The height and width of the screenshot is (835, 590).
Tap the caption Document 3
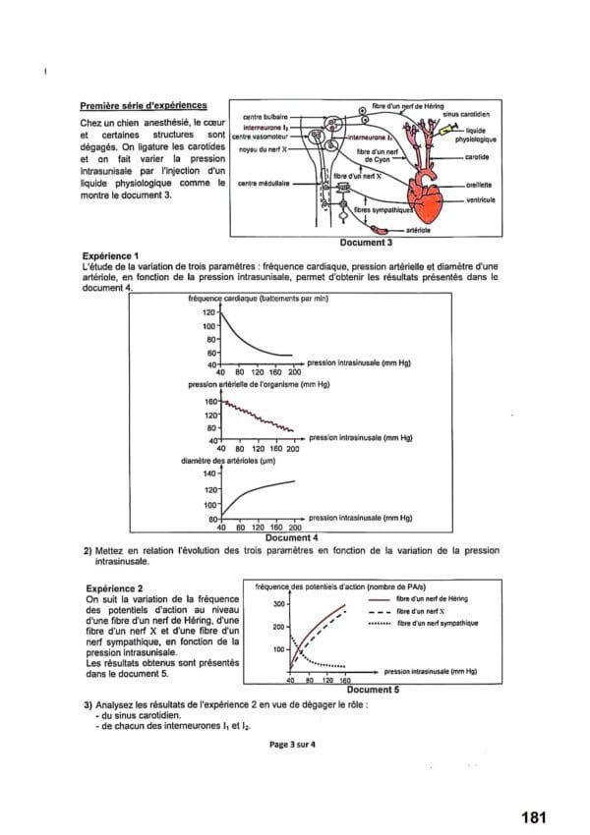tap(366, 241)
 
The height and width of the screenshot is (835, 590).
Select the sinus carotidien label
tap(469, 115)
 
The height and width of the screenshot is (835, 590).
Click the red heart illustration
tap(430, 196)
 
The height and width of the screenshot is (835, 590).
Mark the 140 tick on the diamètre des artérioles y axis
tap(208, 473)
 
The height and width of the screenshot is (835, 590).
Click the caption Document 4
tap(292, 537)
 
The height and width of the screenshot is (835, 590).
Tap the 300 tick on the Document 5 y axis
tap(279, 603)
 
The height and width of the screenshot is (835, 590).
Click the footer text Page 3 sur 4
tap(292, 744)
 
